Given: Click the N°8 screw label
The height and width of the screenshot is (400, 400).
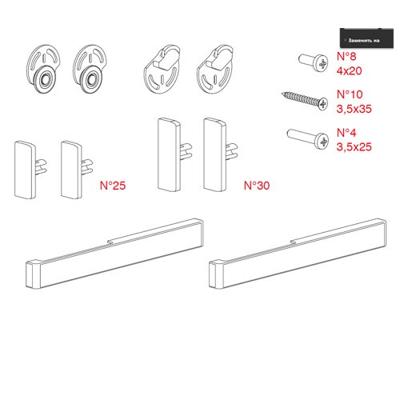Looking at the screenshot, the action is tap(346, 57).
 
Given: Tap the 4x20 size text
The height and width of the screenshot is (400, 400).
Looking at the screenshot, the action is tap(349, 71).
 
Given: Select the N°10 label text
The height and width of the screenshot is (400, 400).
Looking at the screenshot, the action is tap(350, 94).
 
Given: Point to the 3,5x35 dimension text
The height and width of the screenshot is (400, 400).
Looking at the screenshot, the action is tap(354, 109).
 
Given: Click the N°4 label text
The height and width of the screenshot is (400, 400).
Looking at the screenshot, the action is tap(346, 133).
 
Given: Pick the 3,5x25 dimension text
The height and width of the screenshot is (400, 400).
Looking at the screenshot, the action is tap(354, 147).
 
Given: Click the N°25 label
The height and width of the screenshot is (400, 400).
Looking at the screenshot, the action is tap(113, 186).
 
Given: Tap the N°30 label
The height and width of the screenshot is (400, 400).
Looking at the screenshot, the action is tap(257, 186).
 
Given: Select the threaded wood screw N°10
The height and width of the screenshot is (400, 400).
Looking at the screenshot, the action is tap(305, 100).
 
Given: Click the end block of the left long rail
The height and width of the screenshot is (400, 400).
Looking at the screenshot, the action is tap(33, 275).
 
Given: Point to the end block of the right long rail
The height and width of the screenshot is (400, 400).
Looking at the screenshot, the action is tap(216, 274).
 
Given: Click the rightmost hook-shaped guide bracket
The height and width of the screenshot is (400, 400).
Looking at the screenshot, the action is tap(215, 70).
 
